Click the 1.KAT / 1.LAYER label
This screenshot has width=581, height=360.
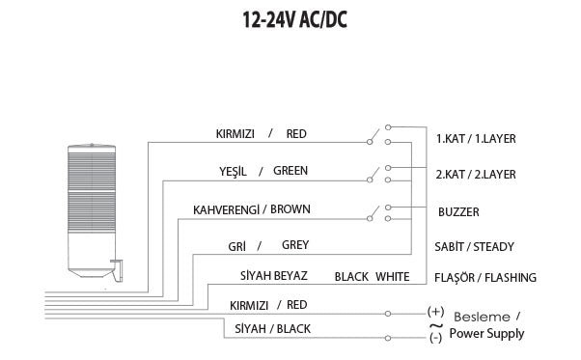coord(476,139)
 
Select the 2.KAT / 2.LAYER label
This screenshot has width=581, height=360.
coord(476,175)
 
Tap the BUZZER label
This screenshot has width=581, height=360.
coord(458,211)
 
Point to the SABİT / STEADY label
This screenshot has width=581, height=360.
coord(474,246)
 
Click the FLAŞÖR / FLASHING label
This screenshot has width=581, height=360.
coord(485,278)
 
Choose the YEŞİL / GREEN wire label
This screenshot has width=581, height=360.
coord(263,171)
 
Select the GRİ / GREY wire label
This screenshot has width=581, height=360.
coord(268,245)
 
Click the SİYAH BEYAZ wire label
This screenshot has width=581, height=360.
coord(273,276)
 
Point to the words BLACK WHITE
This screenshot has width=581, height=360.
coord(372,276)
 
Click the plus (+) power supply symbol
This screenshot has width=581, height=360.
coord(434,312)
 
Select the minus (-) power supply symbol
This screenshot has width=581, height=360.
coord(434,339)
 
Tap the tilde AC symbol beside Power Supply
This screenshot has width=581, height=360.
coord(434,325)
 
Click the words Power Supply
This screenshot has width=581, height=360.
coord(486,334)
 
